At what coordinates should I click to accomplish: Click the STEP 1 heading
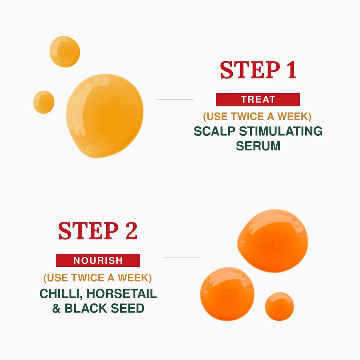pyautogui.click(x=258, y=70)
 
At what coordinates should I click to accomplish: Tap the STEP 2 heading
pyautogui.click(x=98, y=231)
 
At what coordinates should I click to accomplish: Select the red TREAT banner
pyautogui.click(x=258, y=99)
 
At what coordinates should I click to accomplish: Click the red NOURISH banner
pyautogui.click(x=98, y=261)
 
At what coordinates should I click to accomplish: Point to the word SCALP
pyautogui.click(x=214, y=131)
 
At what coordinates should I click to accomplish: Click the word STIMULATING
pyautogui.click(x=281, y=131)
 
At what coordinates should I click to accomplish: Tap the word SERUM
pyautogui.click(x=258, y=146)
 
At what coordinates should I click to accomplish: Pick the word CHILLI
pyautogui.click(x=61, y=294)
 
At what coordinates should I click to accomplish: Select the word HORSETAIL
pyautogui.click(x=122, y=294)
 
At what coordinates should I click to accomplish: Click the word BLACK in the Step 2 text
pyautogui.click(x=86, y=308)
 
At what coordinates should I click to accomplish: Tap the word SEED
pyautogui.click(x=128, y=308)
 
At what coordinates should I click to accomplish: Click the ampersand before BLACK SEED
pyautogui.click(x=57, y=308)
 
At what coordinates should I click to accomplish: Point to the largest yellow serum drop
pyautogui.click(x=105, y=116)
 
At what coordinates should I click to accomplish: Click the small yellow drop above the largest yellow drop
pyautogui.click(x=65, y=52)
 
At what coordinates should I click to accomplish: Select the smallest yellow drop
pyautogui.click(x=44, y=102)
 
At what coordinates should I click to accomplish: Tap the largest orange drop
pyautogui.click(x=272, y=240)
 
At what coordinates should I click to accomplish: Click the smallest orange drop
pyautogui.click(x=279, y=306)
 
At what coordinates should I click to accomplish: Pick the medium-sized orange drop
pyautogui.click(x=227, y=294)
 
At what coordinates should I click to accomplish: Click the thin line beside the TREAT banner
pyautogui.click(x=175, y=99)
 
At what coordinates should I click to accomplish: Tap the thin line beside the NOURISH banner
pyautogui.click(x=182, y=258)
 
